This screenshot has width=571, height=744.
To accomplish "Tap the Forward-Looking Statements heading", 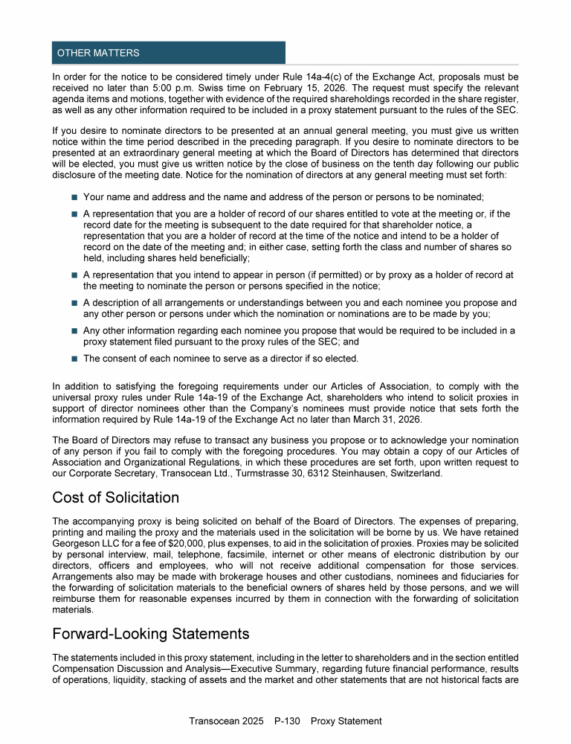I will point(150,634).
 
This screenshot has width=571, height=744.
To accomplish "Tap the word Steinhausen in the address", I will point(370,472).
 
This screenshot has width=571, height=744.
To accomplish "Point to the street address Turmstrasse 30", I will point(271,472).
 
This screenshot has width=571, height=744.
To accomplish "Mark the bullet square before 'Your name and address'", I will point(74,197).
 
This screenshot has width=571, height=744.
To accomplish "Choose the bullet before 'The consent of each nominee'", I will point(74,359).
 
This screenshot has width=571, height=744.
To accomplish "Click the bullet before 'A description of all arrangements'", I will point(74,303).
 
